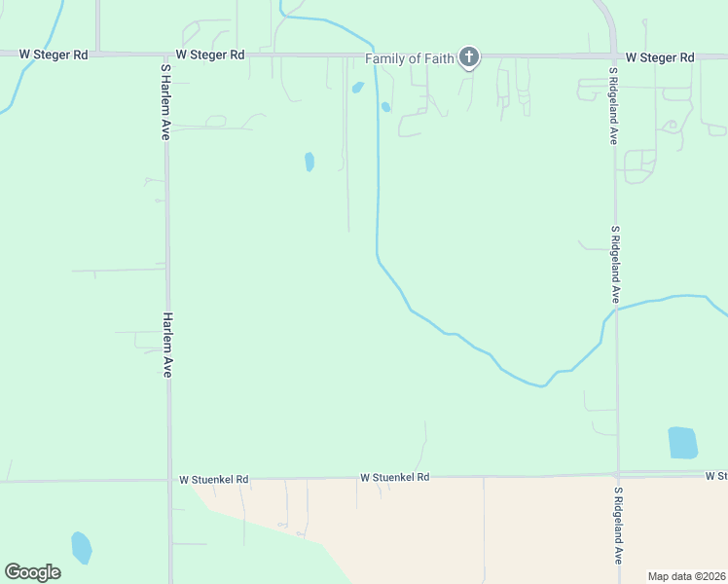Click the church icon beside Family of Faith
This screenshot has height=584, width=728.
pyautogui.click(x=469, y=56)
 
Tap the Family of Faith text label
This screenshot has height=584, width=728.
pyautogui.click(x=410, y=58)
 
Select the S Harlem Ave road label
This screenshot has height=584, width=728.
pyautogui.click(x=165, y=102)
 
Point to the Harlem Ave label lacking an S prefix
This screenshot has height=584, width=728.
pyautogui.click(x=167, y=345)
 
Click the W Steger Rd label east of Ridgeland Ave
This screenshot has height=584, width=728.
pyautogui.click(x=660, y=57)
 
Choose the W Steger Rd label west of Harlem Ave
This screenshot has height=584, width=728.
pyautogui.click(x=54, y=55)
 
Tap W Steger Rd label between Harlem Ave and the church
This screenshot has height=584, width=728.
pyautogui.click(x=210, y=55)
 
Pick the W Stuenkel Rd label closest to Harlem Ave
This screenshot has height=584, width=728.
pyautogui.click(x=214, y=480)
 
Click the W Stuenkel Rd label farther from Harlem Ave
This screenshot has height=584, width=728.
pyautogui.click(x=394, y=478)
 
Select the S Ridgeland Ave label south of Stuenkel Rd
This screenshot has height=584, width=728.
pyautogui.click(x=617, y=526)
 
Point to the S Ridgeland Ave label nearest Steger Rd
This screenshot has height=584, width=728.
pyautogui.click(x=615, y=106)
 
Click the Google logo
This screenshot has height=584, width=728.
pyautogui.click(x=32, y=572)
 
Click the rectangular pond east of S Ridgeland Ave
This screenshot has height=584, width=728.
pyautogui.click(x=682, y=443)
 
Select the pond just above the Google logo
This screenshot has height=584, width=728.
pyautogui.click(x=82, y=547)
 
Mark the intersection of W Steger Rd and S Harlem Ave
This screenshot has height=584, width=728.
pyautogui.click(x=166, y=55)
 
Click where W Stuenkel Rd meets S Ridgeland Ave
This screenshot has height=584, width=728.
pyautogui.click(x=617, y=475)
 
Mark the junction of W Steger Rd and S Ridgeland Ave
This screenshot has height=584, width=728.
pyautogui.click(x=614, y=56)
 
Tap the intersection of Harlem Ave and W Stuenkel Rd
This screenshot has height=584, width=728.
pyautogui.click(x=169, y=480)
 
